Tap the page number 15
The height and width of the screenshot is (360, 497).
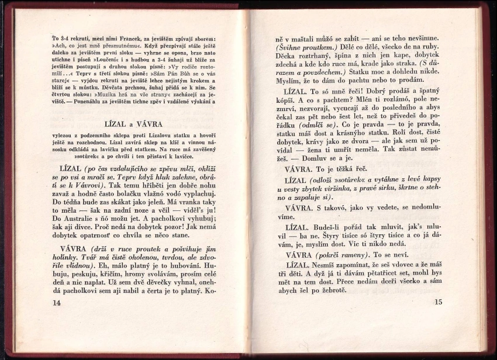coord(440,302)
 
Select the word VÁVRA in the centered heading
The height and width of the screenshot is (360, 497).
coord(149,124)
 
